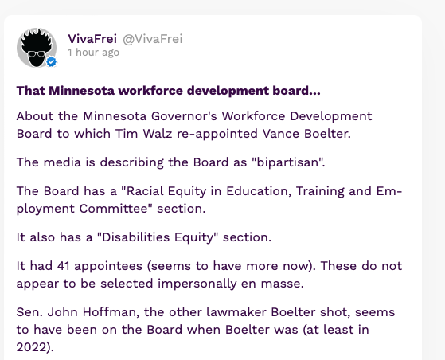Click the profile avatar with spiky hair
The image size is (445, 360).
coord(37,48)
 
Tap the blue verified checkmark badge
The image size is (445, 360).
coord(52,61)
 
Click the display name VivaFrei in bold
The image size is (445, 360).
coord(92,39)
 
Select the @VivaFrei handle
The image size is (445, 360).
coord(152,39)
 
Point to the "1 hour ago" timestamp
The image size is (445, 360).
coord(93,53)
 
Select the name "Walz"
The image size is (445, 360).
coord(158,134)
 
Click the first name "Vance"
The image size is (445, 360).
coord(281,134)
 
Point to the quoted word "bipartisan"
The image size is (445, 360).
coord(287,162)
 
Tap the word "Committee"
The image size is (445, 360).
coord(114,209)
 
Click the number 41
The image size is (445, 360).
coord(64,266)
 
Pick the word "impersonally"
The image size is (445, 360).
coord(197,284)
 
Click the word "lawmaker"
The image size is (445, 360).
coord(236,312)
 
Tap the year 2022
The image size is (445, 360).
coord(32,347)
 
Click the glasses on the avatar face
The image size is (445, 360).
coord(37,53)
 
